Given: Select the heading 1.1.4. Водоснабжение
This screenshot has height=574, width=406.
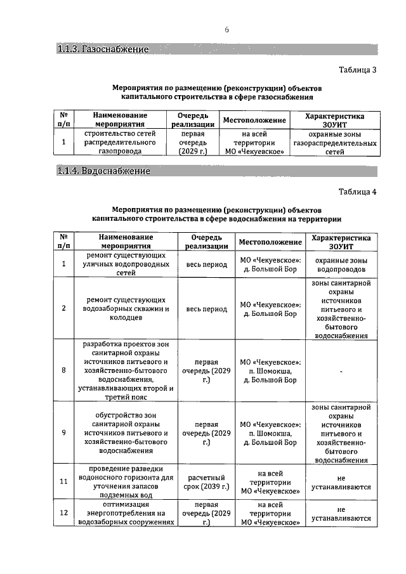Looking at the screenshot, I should pyautogui.click(x=104, y=171).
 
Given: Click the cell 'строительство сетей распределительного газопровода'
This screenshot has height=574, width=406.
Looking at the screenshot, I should pyautogui.click(x=120, y=143).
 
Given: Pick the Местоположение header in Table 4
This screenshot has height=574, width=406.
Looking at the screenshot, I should pyautogui.click(x=270, y=242).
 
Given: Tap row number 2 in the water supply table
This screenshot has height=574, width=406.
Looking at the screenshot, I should pyautogui.click(x=64, y=309).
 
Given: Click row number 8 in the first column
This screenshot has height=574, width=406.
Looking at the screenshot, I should pyautogui.click(x=64, y=370).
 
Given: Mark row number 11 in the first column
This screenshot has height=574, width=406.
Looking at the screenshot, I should pyautogui.click(x=64, y=481).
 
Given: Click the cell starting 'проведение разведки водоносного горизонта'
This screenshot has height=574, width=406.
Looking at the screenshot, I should pyautogui.click(x=126, y=481).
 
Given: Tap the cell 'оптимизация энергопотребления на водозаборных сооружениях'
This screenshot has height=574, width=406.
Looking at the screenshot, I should pyautogui.click(x=126, y=514).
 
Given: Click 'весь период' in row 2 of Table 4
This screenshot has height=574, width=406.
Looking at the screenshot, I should pyautogui.click(x=206, y=309).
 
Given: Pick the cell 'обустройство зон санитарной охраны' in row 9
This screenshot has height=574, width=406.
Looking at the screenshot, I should pyautogui.click(x=126, y=433).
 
